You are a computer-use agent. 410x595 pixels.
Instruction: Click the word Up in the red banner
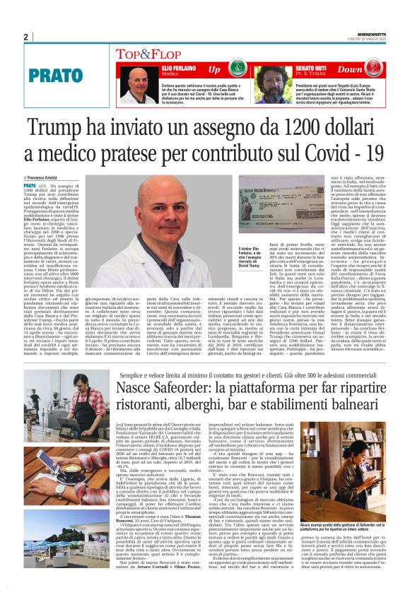point(213,69)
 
